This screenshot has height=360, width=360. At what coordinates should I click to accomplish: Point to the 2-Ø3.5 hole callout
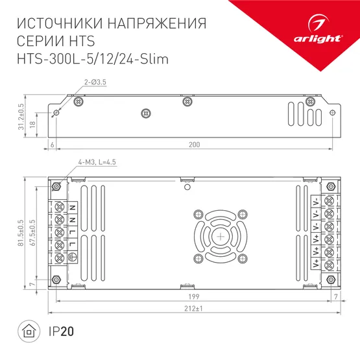tap(94, 82)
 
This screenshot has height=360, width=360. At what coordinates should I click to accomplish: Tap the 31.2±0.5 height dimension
tap(21, 116)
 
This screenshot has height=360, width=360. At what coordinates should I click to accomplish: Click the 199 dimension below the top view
tap(193, 296)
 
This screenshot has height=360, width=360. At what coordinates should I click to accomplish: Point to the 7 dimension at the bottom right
tap(335, 296)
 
